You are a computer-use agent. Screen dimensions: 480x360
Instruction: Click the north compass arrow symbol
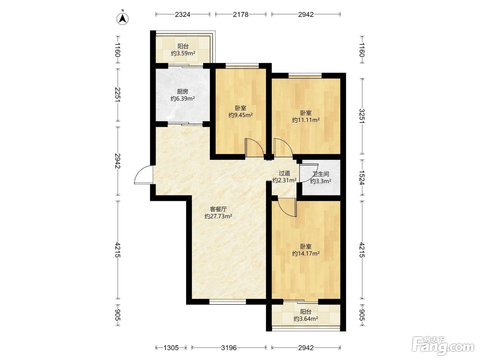(x=122, y=19)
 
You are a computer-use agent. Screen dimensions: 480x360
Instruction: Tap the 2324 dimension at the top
(x=183, y=14)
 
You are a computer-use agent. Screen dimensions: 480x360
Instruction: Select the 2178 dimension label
(x=241, y=14)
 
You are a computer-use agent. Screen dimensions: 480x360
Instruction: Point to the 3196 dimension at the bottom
(x=229, y=348)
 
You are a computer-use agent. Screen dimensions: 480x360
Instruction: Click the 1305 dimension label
(x=171, y=348)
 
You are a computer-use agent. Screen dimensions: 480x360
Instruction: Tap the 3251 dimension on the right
(x=362, y=116)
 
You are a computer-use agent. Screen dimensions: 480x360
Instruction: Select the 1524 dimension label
(x=362, y=177)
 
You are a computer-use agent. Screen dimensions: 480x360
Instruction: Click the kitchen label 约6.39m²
(x=183, y=99)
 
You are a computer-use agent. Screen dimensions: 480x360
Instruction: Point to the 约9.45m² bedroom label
(x=241, y=115)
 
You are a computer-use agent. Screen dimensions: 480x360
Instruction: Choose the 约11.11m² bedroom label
(x=306, y=120)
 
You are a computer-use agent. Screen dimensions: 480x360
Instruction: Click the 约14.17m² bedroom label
(x=306, y=254)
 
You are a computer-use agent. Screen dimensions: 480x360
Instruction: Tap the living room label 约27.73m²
(x=218, y=216)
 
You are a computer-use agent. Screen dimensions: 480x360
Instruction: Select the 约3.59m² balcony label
(x=183, y=53)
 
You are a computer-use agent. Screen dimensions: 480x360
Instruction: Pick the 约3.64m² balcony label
(x=306, y=319)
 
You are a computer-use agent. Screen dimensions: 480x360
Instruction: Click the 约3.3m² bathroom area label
(x=321, y=181)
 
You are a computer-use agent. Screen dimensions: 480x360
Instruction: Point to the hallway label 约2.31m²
(x=285, y=180)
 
